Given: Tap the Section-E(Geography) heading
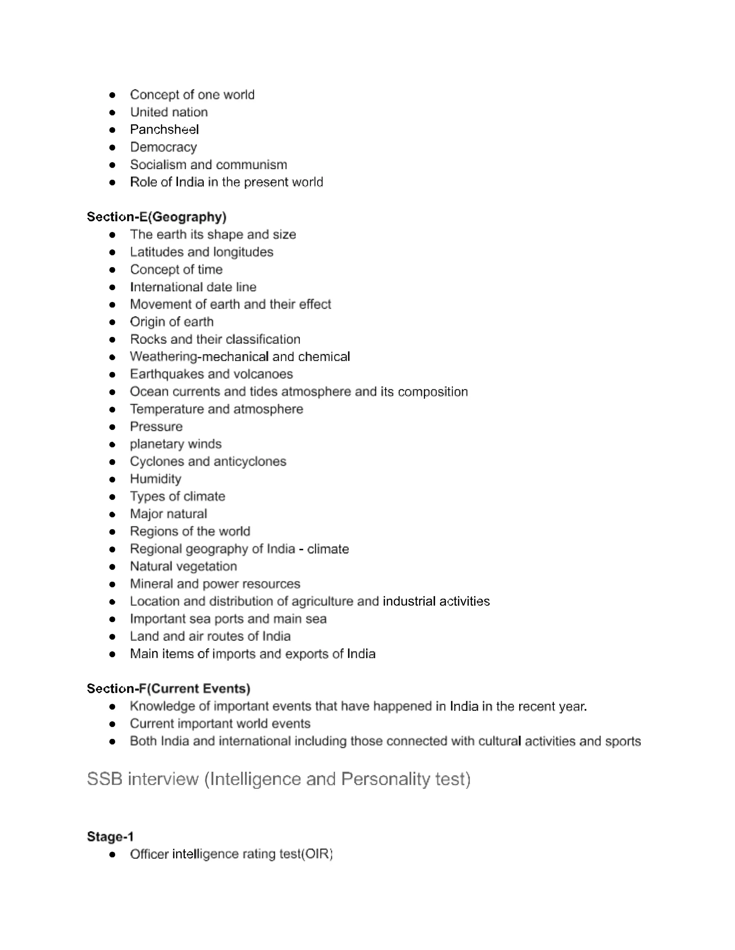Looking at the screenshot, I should coord(156,217).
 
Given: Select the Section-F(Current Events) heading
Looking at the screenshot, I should coord(169,688).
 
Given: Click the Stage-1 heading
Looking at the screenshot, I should coord(110,836).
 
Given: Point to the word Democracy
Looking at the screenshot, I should coord(163,147).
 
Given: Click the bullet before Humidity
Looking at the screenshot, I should coord(112,479).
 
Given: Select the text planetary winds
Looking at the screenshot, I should coord(175,444).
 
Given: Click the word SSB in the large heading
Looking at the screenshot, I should coord(104,779).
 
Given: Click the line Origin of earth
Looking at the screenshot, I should coord(172,322).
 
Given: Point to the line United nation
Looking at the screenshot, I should coord(169,112).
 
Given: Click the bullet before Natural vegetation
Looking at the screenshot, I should coord(112,567).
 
